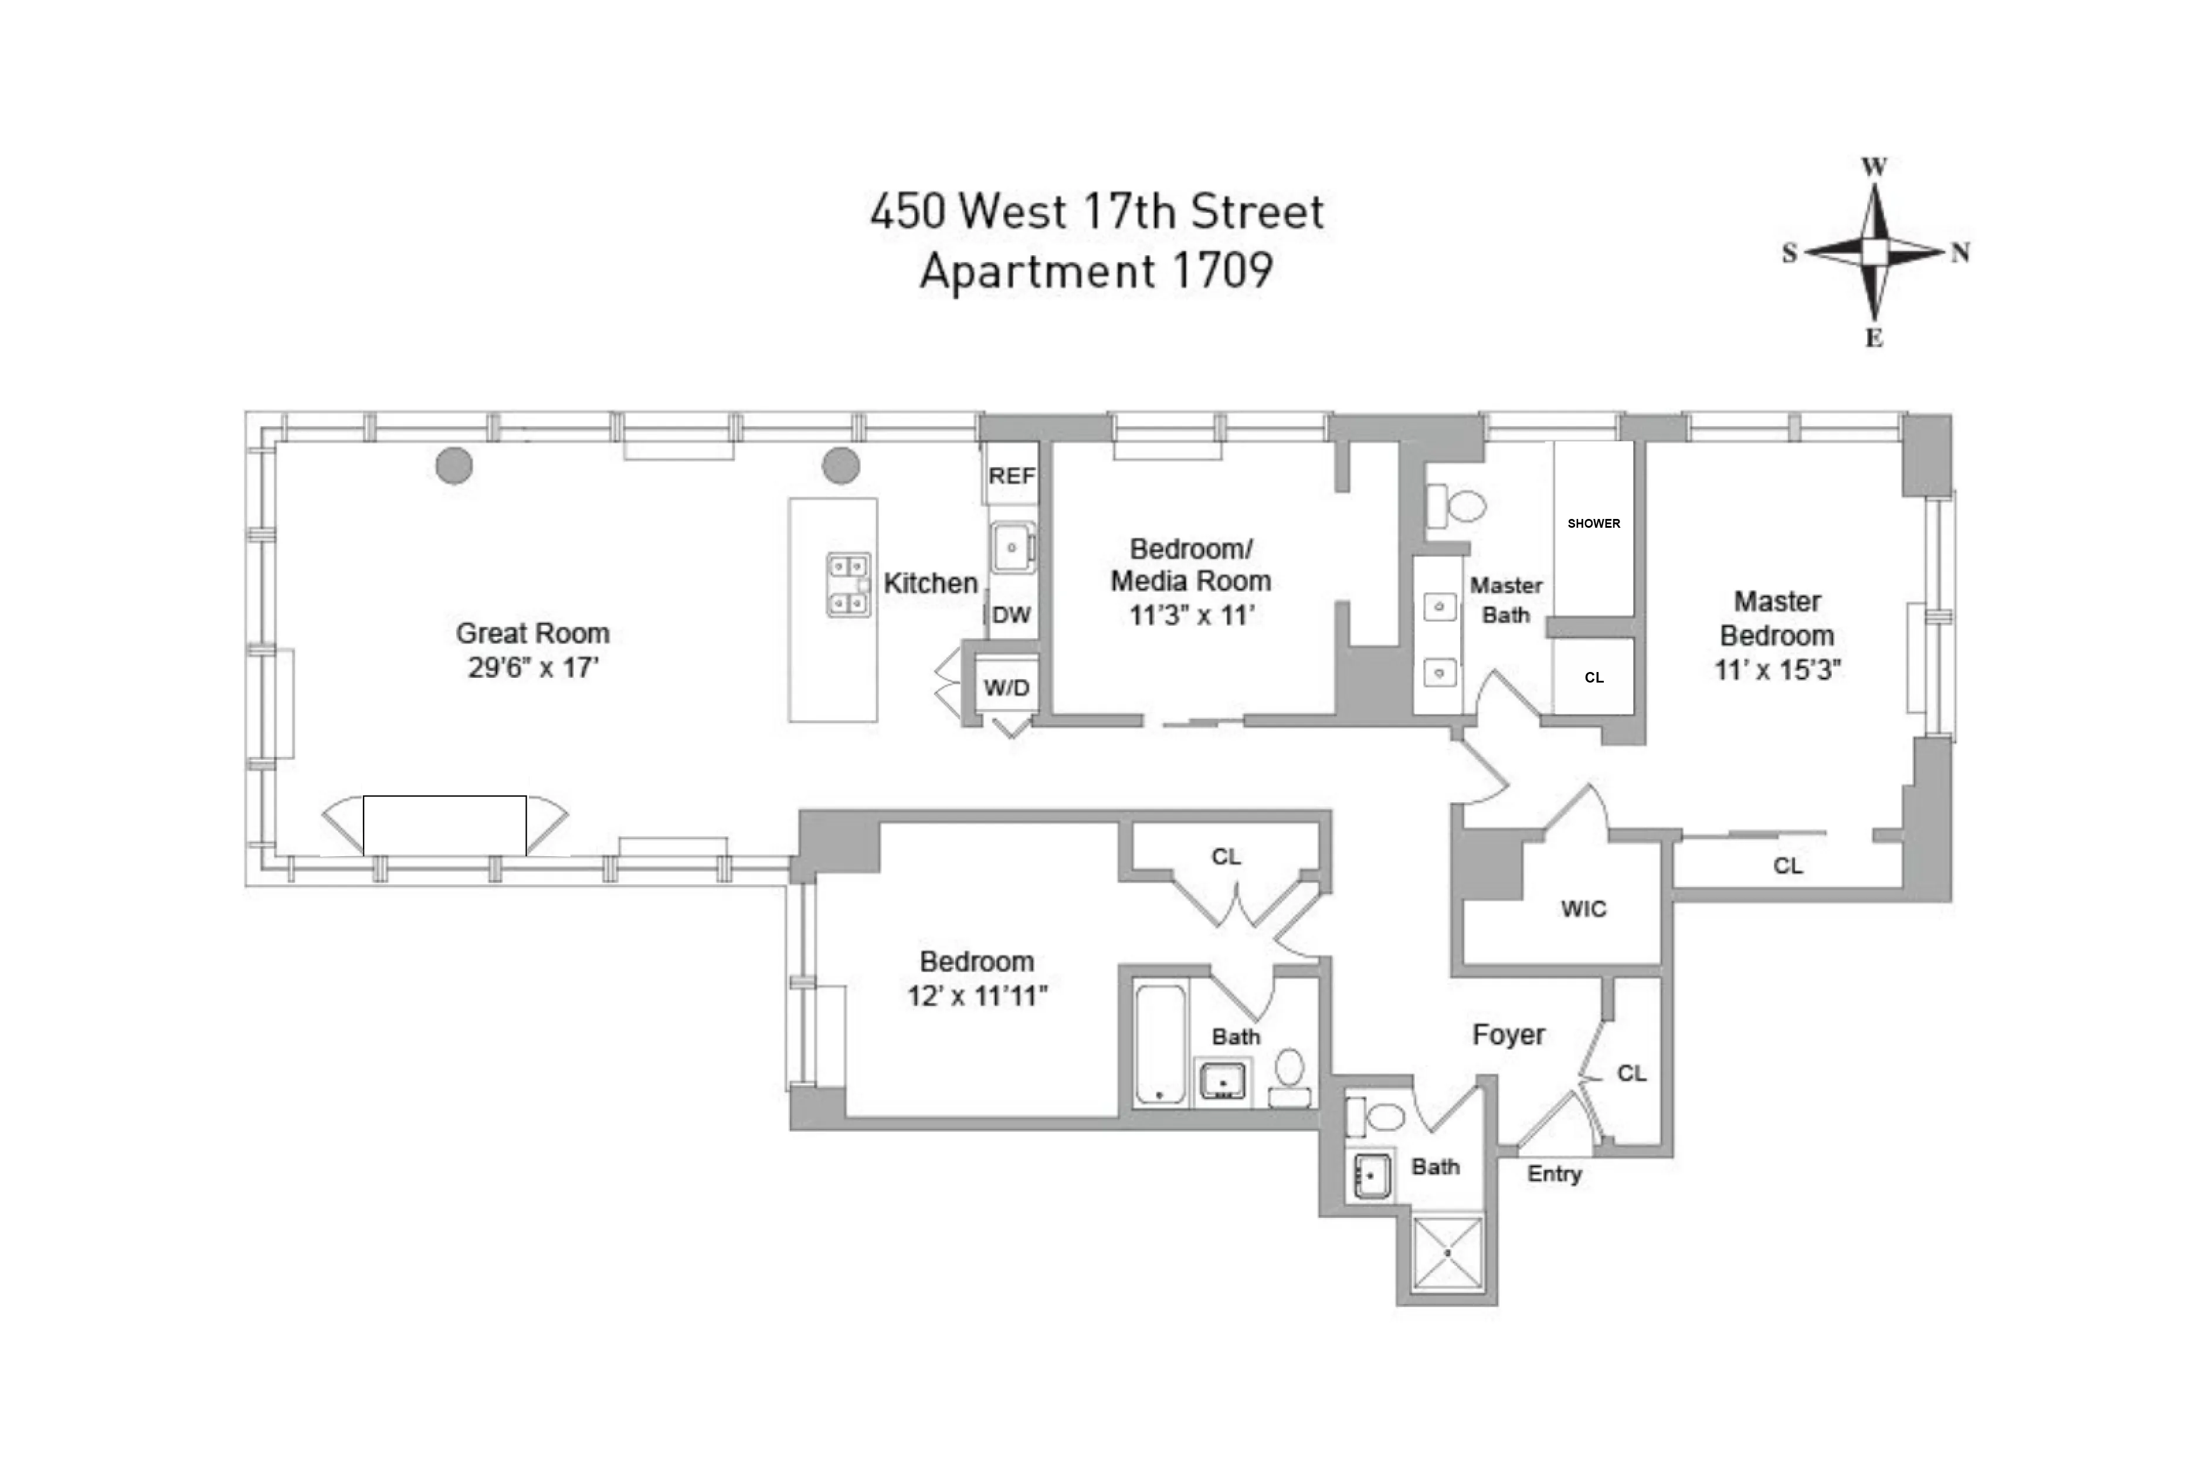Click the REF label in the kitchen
1012,476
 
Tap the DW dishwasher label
1012,615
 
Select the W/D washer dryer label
1006,688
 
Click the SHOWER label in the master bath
1593,524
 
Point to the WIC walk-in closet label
1583,909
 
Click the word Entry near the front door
1554,1175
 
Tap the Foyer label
1508,1035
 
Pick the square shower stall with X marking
1447,1253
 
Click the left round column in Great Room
454,466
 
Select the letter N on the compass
1960,252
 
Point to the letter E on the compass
1874,338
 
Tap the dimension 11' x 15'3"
1776,670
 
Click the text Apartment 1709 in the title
1096,271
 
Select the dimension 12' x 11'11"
977,997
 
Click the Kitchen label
930,583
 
